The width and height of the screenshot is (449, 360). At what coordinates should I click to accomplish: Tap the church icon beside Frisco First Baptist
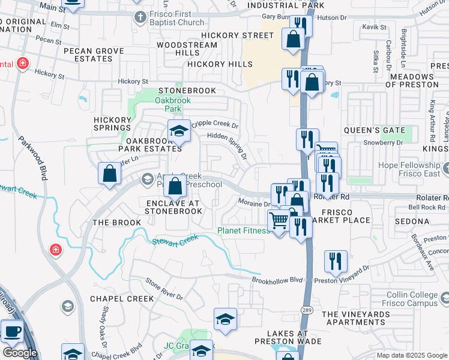click(139, 16)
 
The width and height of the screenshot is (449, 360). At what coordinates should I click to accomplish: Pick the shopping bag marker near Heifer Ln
click(110, 174)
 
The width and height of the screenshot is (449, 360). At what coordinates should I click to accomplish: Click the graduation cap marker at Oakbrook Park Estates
click(178, 131)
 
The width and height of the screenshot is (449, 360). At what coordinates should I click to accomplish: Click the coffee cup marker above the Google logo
click(12, 331)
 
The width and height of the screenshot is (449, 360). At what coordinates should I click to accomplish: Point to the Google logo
click(20, 353)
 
